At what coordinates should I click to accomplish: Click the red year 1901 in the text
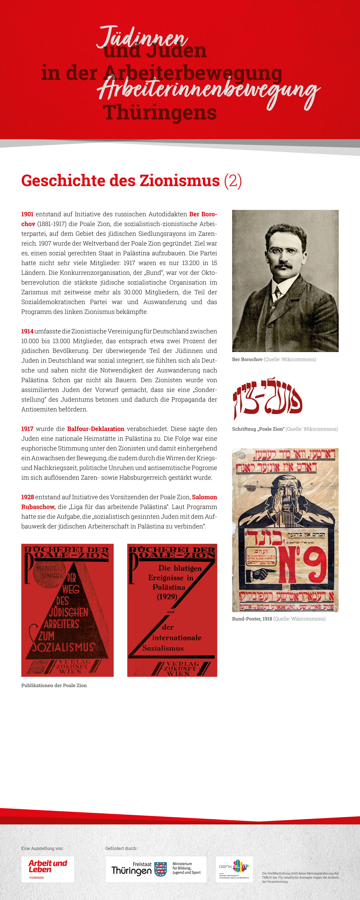[27, 214]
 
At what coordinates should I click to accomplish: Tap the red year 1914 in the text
[27, 331]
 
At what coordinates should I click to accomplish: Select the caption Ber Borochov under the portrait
[247, 359]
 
